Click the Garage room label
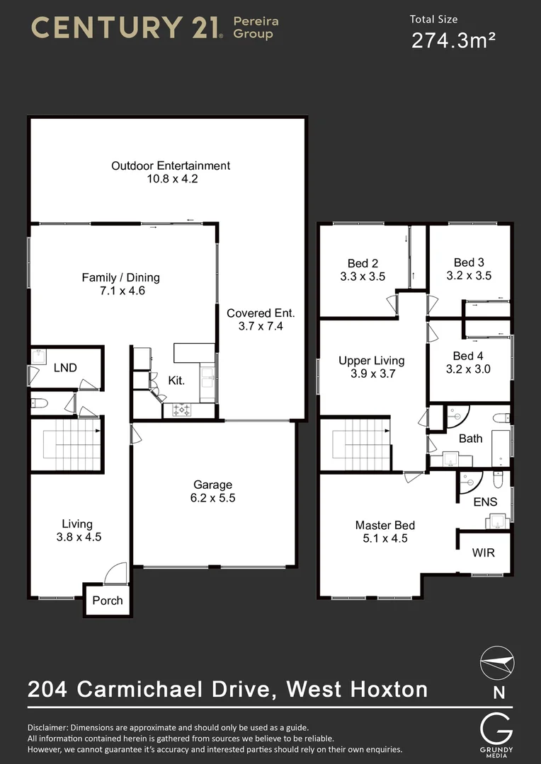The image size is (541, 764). (213, 485)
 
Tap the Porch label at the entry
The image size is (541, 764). (108, 601)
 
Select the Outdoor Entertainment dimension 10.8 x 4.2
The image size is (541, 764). (170, 179)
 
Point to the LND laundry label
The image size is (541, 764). (65, 367)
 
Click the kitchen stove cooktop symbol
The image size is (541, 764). (181, 410)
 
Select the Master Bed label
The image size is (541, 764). (385, 525)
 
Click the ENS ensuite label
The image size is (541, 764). (485, 502)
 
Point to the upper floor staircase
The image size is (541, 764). (361, 444)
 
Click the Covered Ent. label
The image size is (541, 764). (261, 313)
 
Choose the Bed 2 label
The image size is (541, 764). (362, 263)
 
